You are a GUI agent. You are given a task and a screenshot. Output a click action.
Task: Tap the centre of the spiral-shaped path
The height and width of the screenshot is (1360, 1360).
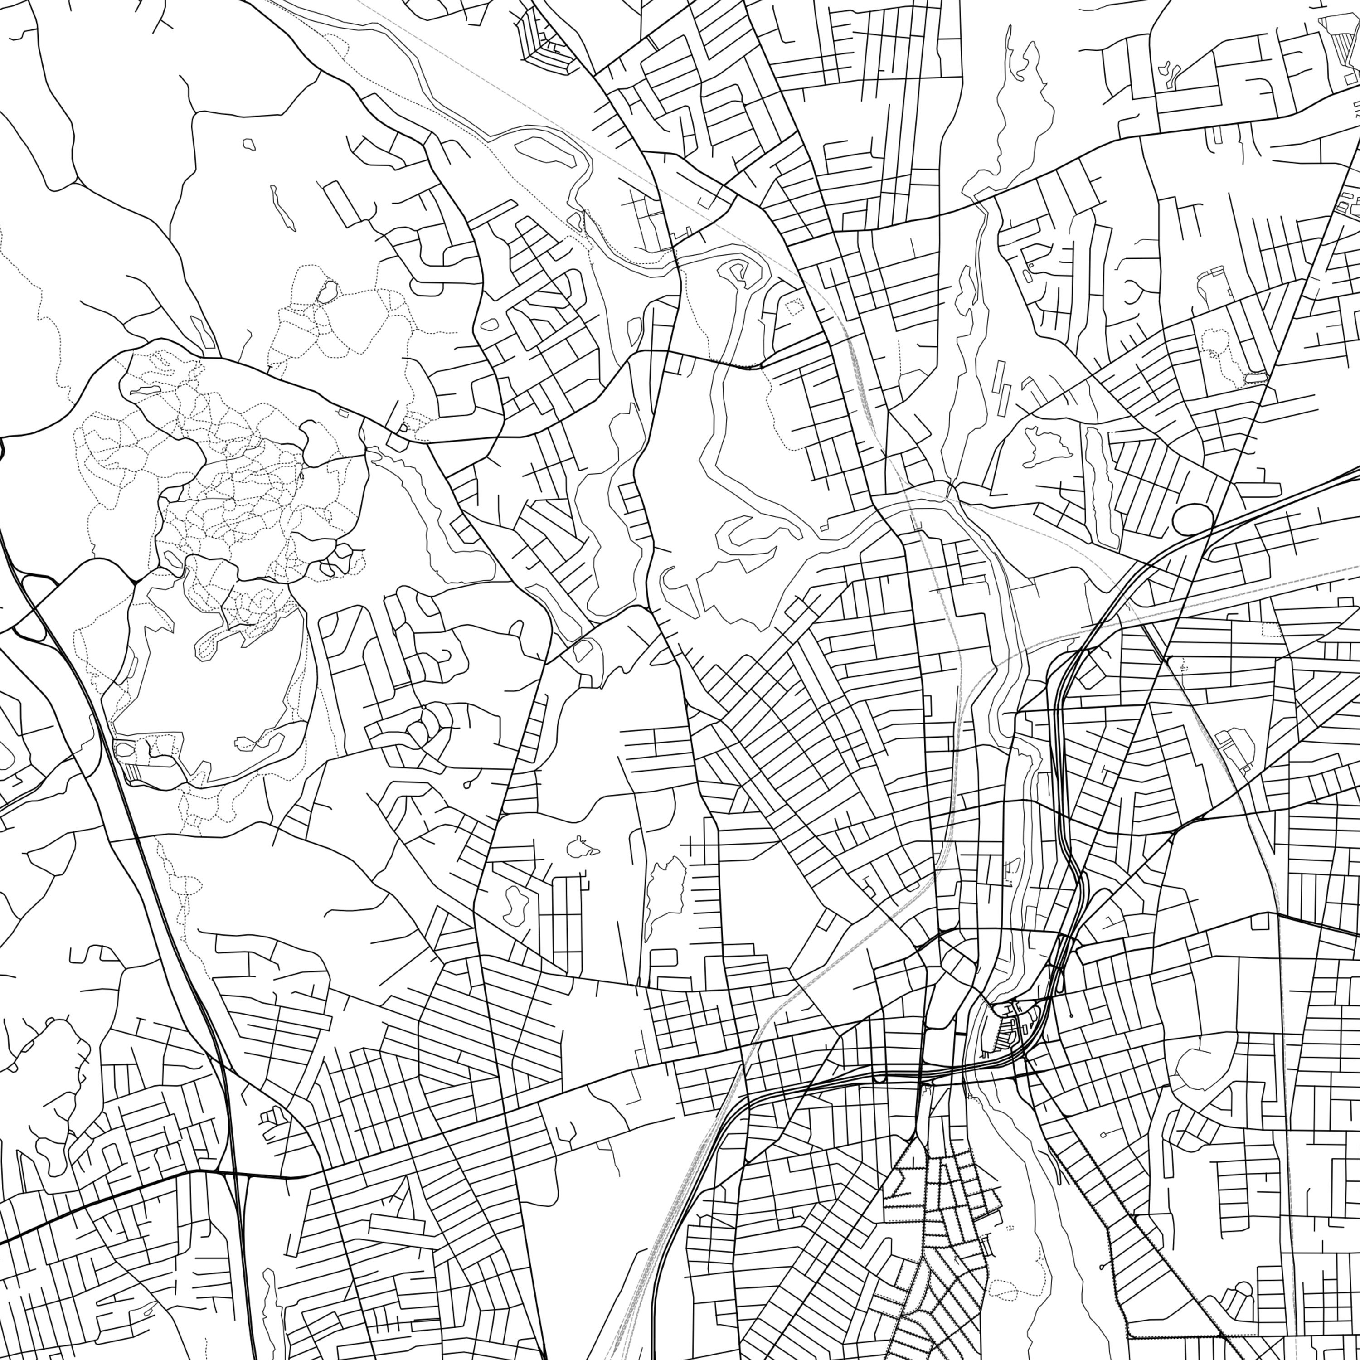pyautogui.click(x=738, y=268)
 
